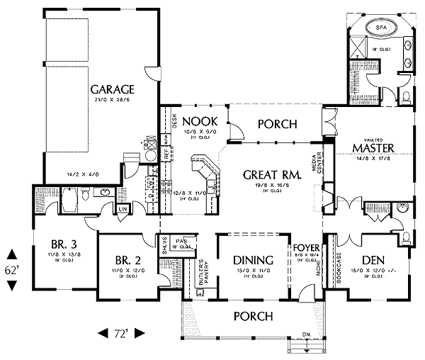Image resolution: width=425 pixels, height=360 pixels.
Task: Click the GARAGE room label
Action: click(x=112, y=90)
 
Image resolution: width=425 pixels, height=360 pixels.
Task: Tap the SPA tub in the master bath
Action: click(x=382, y=29)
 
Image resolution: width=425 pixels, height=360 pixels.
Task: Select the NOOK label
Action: click(x=193, y=120)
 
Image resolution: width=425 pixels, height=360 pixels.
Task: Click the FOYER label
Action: click(x=307, y=248)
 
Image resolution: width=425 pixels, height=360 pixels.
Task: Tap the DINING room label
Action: click(x=253, y=259)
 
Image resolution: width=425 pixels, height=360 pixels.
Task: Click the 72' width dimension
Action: click(x=120, y=332)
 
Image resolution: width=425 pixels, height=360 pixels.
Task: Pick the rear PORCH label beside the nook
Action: click(x=276, y=123)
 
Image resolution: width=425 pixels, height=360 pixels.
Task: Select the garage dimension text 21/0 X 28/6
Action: click(x=112, y=101)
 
